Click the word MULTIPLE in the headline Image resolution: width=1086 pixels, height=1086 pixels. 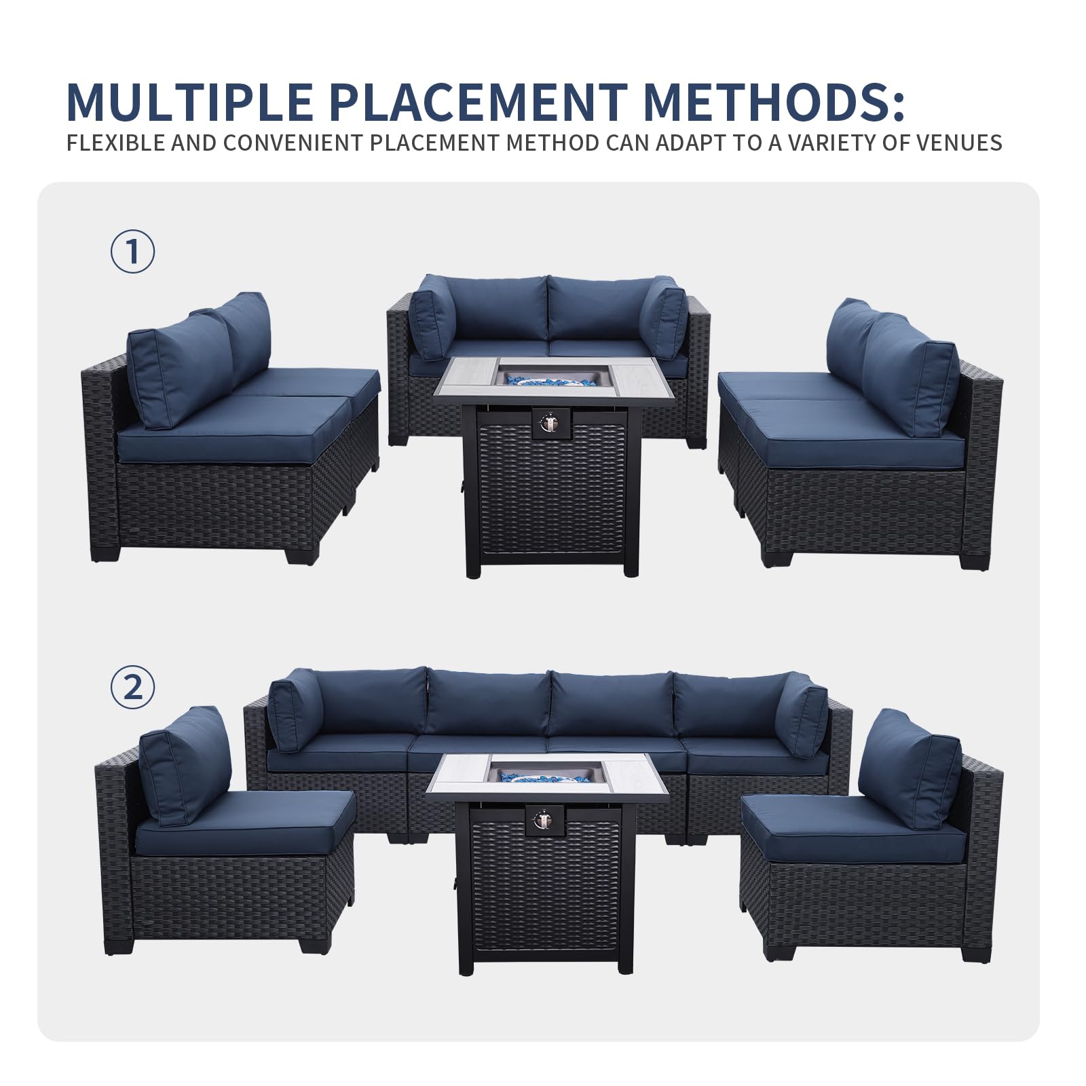[x=189, y=102]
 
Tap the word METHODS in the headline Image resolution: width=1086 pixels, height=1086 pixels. [x=774, y=102]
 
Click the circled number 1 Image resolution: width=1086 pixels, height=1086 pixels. [x=132, y=251]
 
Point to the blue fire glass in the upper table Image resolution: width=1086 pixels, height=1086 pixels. [x=548, y=377]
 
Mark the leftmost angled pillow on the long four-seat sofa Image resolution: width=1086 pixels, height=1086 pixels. [x=295, y=711]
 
